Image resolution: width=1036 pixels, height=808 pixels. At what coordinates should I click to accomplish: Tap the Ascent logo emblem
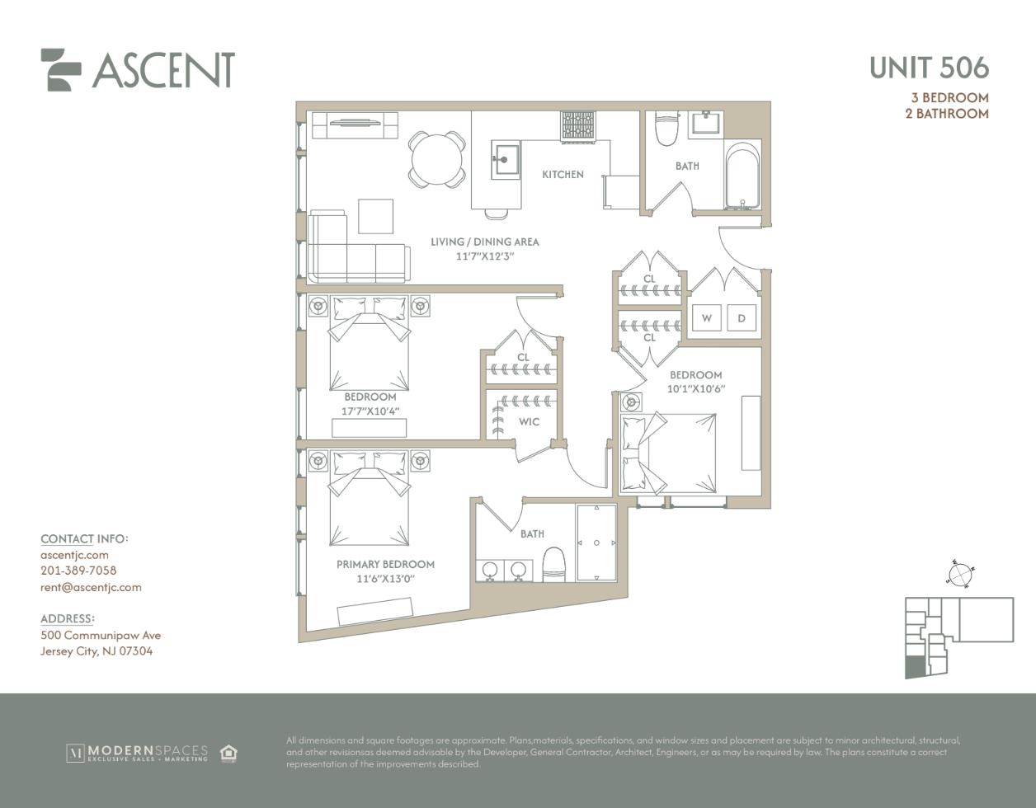point(60,69)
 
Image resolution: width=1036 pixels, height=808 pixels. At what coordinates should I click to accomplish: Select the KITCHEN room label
point(563,174)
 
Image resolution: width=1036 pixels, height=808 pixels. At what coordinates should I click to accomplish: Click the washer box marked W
point(707,317)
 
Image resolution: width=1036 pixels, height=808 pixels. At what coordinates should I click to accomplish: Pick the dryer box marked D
point(742,317)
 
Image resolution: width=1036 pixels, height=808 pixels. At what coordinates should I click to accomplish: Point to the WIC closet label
point(530,421)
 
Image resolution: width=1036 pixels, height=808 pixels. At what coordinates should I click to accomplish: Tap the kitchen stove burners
point(578,126)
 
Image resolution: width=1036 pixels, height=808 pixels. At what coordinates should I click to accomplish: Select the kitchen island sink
point(506,160)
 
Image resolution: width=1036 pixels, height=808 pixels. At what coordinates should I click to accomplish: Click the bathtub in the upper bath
point(742,175)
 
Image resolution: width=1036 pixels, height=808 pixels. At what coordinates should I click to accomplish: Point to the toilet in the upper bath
point(666,129)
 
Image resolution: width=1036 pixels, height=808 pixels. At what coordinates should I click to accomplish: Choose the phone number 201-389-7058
point(78,571)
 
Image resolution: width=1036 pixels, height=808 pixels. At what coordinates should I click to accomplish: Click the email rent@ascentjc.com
point(91,587)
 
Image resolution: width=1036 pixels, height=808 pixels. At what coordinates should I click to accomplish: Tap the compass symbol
point(960,575)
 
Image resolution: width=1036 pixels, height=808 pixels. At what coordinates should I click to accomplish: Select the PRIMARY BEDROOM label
point(386,564)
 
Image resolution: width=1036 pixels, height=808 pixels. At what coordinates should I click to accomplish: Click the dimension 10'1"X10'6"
point(695,389)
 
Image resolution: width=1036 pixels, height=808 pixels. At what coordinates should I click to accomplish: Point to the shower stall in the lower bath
point(596,543)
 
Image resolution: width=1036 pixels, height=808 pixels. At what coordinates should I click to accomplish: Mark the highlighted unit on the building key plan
point(915,666)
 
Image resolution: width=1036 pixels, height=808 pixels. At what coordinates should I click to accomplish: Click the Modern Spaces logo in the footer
point(137,754)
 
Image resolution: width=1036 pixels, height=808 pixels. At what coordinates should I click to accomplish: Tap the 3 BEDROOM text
point(950,97)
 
